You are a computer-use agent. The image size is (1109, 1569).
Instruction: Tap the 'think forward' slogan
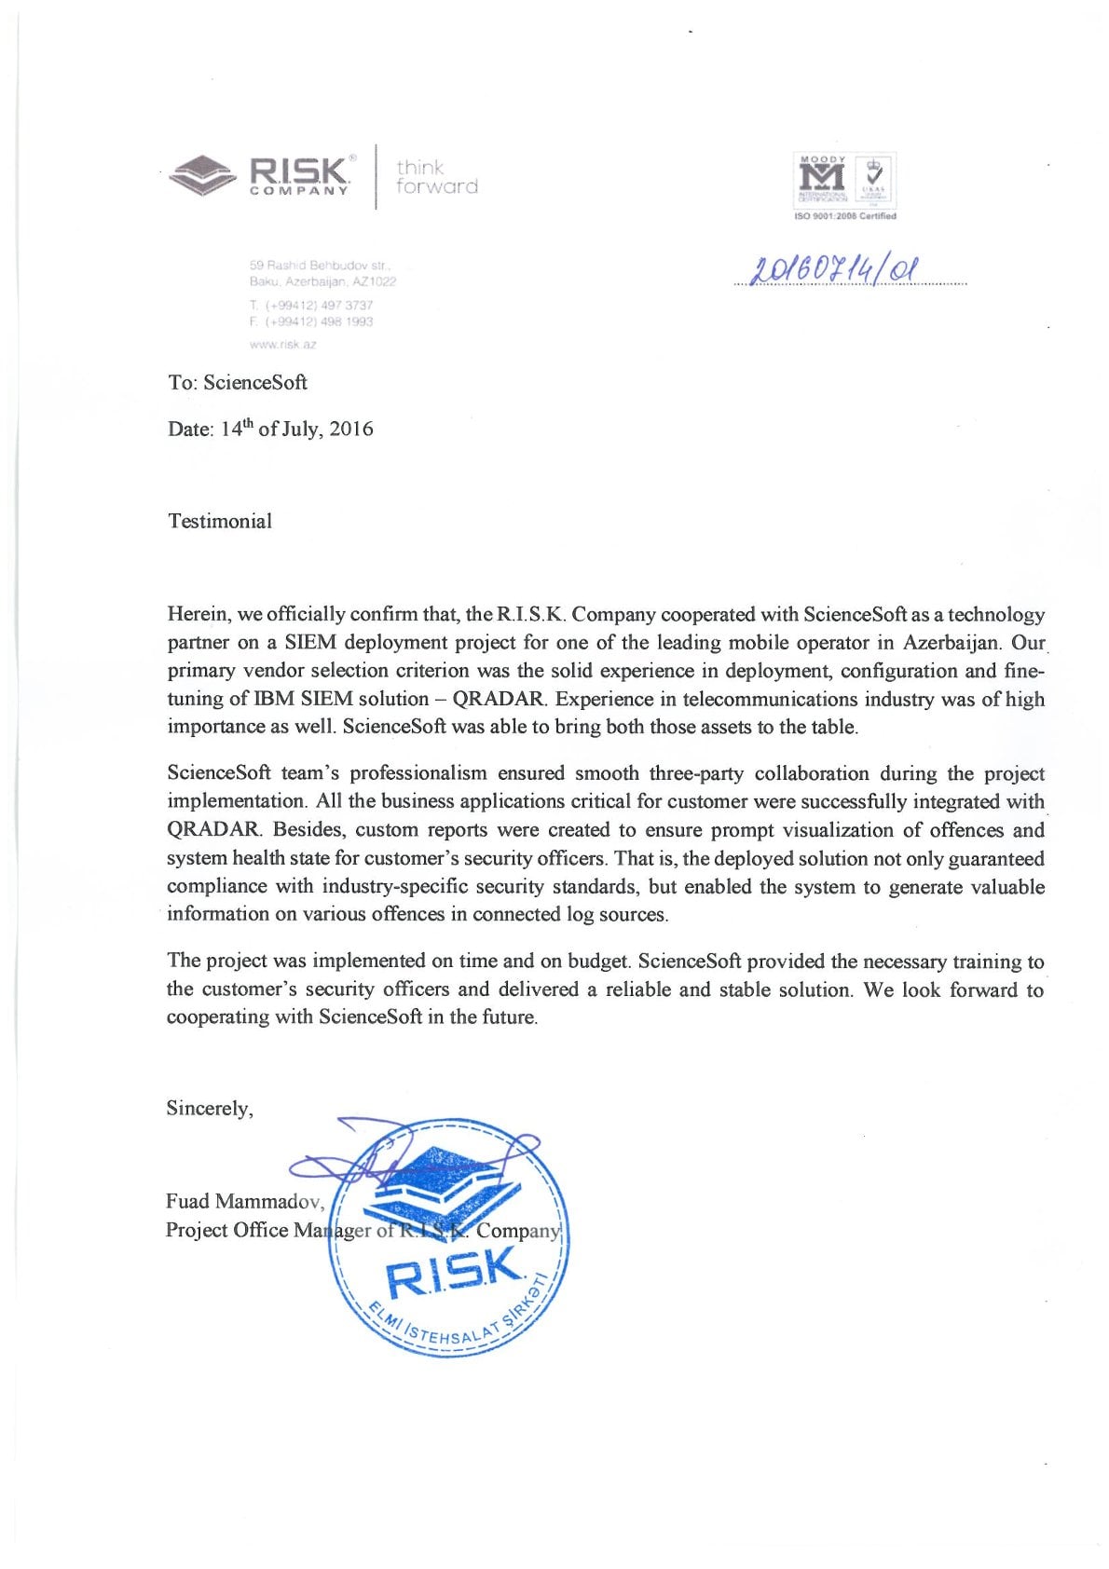(436, 177)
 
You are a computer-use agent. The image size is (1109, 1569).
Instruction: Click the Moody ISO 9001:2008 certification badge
(844, 186)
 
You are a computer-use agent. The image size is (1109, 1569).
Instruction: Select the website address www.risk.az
(283, 344)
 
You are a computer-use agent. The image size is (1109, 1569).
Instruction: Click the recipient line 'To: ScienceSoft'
(238, 382)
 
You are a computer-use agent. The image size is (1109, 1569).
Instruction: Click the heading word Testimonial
(220, 521)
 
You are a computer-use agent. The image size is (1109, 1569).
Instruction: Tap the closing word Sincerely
(210, 1108)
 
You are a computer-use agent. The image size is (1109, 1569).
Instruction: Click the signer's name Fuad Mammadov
(245, 1201)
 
